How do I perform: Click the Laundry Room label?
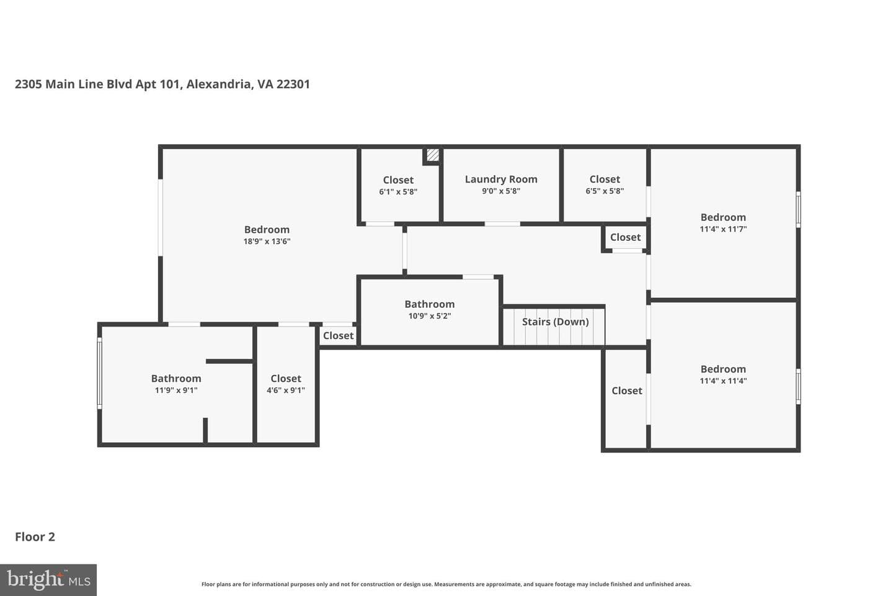tap(501, 179)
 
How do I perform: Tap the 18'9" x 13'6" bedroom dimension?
tap(267, 241)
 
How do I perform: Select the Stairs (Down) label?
tap(556, 322)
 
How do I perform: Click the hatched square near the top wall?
tap(433, 155)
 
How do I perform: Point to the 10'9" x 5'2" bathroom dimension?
tap(429, 316)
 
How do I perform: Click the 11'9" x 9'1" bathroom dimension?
tap(176, 390)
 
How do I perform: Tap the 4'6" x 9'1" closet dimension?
tap(285, 390)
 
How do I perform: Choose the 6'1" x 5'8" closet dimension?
tap(398, 192)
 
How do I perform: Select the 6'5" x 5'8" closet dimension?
tap(605, 191)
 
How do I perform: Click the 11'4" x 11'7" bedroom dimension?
tap(723, 228)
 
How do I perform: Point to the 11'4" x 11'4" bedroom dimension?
tap(723, 381)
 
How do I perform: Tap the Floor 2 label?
tap(35, 537)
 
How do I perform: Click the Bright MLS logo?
tap(48, 580)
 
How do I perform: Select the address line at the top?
tap(162, 84)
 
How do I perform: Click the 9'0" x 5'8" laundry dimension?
tap(501, 191)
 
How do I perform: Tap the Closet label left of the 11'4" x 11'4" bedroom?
tap(627, 391)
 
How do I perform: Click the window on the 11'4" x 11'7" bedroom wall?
tap(798, 210)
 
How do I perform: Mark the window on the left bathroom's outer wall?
tap(100, 373)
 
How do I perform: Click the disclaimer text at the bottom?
tap(446, 584)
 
